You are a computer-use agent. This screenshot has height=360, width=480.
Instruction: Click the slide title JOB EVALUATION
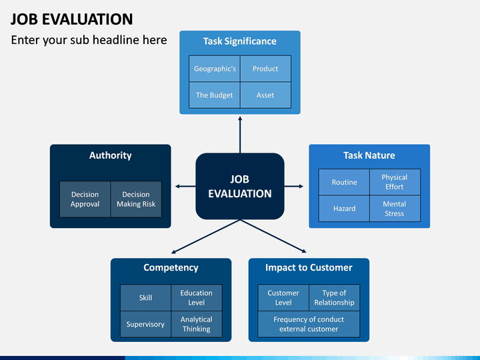tap(71, 19)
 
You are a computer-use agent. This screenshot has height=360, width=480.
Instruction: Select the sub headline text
tap(89, 40)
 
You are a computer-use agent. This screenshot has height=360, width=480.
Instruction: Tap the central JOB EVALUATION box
tap(240, 186)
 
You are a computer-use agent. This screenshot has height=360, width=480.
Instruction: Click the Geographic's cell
tap(215, 69)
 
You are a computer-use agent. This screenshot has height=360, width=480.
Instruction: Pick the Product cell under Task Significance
tap(265, 69)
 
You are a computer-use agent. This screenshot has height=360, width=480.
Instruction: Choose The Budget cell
tap(215, 95)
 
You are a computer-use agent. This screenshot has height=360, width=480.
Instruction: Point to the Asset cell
tap(265, 95)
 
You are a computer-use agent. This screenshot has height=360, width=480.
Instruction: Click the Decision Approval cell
tap(85, 199)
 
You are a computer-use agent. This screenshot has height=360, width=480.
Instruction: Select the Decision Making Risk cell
tap(136, 199)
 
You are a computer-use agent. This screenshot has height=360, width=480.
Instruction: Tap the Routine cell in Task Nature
tap(344, 182)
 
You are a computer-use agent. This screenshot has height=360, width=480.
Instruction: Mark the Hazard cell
tap(344, 209)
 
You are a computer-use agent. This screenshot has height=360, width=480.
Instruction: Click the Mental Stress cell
tap(395, 209)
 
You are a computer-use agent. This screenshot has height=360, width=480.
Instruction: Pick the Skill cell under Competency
tap(146, 298)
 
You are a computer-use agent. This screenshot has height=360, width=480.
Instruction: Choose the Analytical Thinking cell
tap(197, 324)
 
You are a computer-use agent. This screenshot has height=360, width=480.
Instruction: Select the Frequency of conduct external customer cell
tap(309, 324)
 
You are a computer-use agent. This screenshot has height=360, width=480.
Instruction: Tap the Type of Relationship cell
tap(334, 298)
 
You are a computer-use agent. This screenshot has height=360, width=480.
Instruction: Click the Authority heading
tap(111, 155)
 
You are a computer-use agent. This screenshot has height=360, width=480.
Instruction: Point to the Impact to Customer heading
tap(309, 267)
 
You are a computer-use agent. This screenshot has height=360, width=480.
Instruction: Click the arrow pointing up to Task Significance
tap(240, 135)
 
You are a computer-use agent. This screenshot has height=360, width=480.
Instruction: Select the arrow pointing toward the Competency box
tap(206, 237)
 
